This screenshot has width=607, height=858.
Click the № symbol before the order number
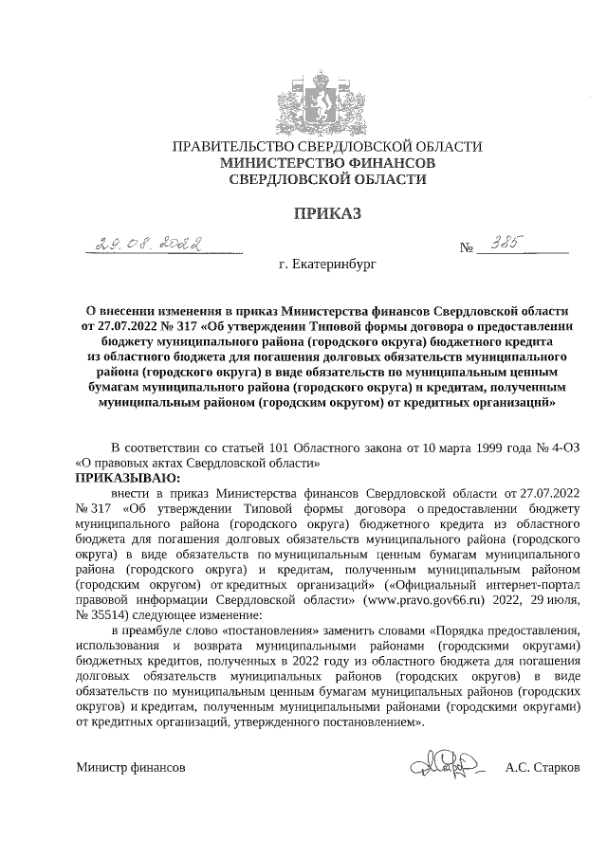[x=466, y=249]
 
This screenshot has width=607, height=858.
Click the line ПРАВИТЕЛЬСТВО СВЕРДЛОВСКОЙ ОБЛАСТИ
[x=326, y=147]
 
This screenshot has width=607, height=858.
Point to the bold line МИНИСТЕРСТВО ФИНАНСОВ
[x=326, y=163]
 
